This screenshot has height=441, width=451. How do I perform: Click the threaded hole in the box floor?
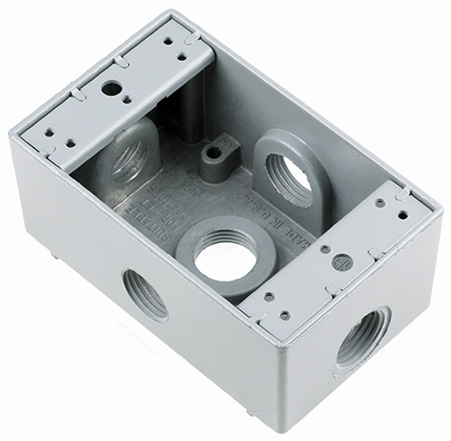[226, 254]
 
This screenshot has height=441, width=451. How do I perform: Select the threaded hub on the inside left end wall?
[130, 157]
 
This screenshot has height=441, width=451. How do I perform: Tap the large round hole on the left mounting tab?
[113, 88]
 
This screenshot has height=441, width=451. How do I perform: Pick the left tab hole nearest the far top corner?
[169, 41]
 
